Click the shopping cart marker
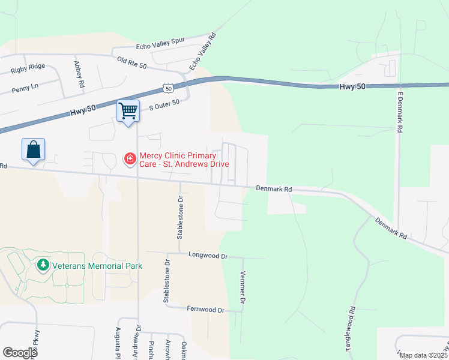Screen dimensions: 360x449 [128, 112]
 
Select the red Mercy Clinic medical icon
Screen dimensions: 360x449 [130, 159]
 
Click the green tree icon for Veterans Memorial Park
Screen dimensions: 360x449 [43, 265]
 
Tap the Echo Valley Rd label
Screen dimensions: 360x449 [202, 52]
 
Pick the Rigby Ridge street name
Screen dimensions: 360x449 [28, 70]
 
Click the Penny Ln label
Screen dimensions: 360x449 [25, 88]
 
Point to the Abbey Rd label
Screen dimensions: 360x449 [78, 74]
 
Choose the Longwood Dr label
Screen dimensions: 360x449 [208, 256]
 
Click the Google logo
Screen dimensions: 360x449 [20, 352]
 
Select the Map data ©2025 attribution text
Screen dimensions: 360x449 [424, 355]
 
